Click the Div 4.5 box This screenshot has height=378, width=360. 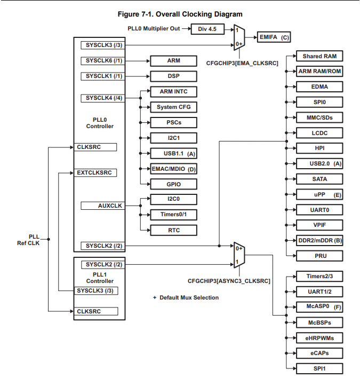point(207,29)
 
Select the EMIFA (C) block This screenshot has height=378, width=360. point(274,37)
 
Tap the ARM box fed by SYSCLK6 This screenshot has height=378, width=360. point(174,61)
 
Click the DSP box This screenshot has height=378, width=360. point(174,76)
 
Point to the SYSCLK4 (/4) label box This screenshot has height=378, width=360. point(104,98)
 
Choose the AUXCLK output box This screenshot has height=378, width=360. point(103,205)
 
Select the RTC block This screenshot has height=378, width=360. point(174,230)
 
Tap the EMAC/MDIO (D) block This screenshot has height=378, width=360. point(174,169)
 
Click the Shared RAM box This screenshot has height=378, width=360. point(319,56)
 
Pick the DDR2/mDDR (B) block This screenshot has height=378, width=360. point(319,240)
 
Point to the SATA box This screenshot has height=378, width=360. point(319,179)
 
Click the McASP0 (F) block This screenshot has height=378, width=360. point(319,307)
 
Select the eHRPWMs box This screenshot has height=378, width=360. point(319,337)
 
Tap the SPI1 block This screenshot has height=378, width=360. point(319,368)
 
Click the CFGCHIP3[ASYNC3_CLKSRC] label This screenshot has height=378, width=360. point(229,280)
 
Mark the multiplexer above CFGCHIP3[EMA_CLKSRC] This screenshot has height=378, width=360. point(239,37)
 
